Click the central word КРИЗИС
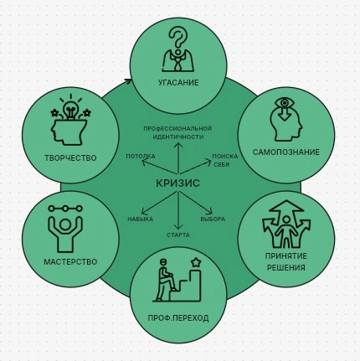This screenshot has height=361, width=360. coord(177,183)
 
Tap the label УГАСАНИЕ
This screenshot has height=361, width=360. coord(178,83)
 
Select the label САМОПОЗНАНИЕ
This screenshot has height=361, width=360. coord(286,152)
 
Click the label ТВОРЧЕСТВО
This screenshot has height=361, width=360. coord(70,158)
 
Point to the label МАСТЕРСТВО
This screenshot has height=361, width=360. coord(70,262)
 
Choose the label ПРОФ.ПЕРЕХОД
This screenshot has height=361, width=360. coord(178,318)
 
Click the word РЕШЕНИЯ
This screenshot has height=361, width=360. coord(286,268)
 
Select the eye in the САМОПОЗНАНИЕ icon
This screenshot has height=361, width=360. coord(285,103)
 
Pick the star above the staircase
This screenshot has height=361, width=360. coord(196,263)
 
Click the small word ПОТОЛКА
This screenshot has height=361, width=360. coord(141,157)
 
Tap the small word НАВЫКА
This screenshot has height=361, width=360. coord(141,219)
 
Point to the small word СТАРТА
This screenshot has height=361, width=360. coord(178,235)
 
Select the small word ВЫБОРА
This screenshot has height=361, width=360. coord(213,219)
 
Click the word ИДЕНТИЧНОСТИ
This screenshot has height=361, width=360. coord(178,137)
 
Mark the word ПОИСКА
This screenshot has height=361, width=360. coord(225,157)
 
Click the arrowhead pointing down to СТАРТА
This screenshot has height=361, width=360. coord(178,227)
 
